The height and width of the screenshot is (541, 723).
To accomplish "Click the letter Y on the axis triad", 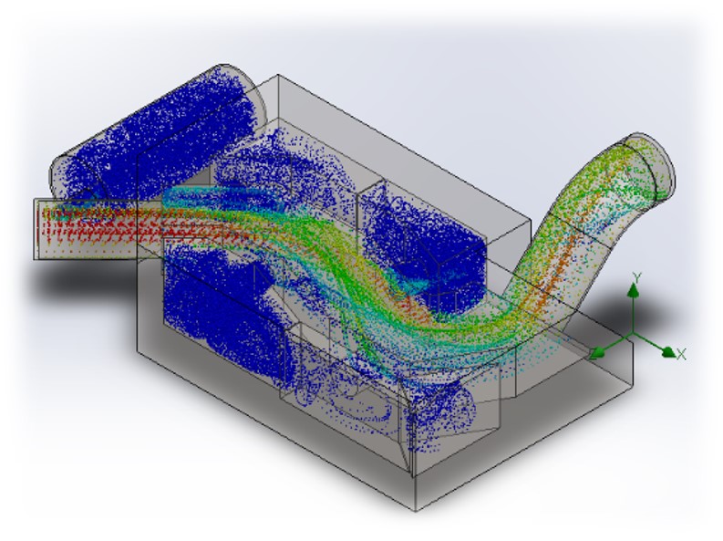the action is (x=636, y=277).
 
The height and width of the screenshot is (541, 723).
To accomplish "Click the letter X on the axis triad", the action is (x=681, y=354).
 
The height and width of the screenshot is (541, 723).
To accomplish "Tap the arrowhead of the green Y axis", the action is (x=634, y=290).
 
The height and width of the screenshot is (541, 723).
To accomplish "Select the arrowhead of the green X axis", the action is (x=669, y=351).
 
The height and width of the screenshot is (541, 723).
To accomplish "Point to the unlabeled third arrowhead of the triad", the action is (x=597, y=353).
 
